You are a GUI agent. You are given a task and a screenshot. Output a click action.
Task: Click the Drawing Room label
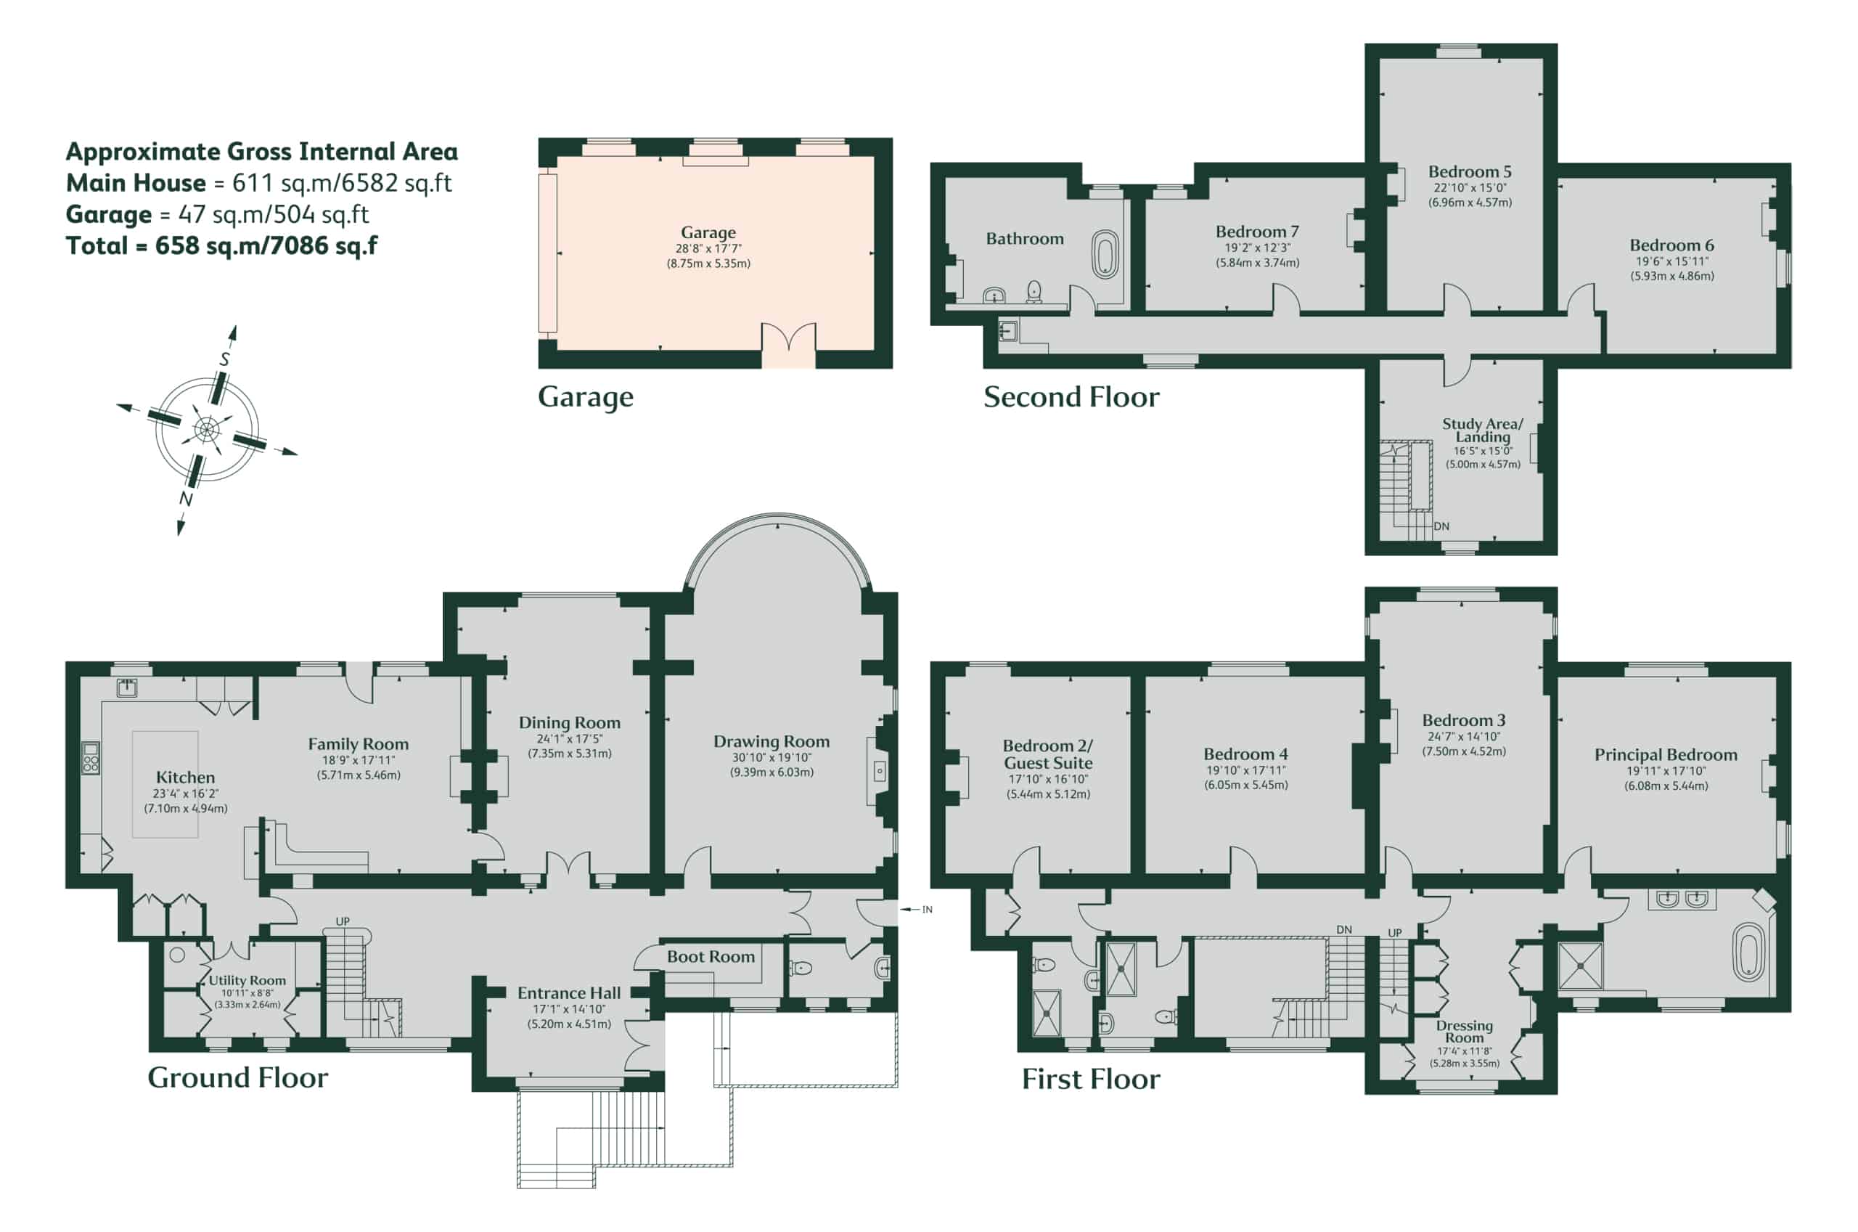(x=772, y=741)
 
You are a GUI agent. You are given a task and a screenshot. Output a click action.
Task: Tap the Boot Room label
(x=711, y=956)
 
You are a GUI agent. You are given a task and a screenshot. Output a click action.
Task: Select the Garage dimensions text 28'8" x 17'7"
(x=708, y=248)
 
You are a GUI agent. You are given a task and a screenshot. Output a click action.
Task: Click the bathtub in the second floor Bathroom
(x=1105, y=254)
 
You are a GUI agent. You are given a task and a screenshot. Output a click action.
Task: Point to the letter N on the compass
(x=186, y=498)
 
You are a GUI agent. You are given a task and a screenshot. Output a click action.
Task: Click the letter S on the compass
(x=224, y=359)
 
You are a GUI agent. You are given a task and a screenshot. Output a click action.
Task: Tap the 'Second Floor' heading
(x=1071, y=398)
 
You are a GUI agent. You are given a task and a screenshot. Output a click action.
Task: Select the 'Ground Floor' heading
(x=238, y=1077)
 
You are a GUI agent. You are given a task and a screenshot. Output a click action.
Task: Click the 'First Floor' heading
(x=1091, y=1079)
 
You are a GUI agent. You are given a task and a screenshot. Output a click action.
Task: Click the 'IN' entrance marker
(x=927, y=909)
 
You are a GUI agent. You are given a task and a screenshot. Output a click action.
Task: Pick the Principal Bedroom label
(x=1666, y=755)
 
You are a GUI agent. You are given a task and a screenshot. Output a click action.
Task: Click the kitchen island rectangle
(x=165, y=784)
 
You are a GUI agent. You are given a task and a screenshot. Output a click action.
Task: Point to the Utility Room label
(x=247, y=981)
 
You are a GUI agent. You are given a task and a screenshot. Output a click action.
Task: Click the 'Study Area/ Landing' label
(x=1483, y=430)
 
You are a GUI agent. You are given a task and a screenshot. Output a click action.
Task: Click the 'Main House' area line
(x=258, y=183)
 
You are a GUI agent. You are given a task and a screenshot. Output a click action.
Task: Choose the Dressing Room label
(x=1465, y=1031)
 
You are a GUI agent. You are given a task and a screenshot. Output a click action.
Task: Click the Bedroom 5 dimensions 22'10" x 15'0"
(x=1470, y=188)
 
